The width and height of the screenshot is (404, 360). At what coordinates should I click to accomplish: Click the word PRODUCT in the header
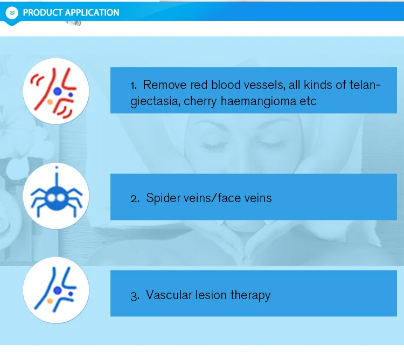point(43,12)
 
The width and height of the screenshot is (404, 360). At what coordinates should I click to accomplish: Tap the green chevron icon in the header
point(12,12)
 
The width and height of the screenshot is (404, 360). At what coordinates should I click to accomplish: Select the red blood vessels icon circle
point(56,91)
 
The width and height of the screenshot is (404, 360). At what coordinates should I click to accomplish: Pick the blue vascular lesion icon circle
point(56,290)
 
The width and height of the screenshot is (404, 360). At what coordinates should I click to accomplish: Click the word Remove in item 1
point(165,85)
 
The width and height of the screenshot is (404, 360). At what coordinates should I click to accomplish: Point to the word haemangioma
point(259,101)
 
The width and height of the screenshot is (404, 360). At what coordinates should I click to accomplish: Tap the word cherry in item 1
point(200,101)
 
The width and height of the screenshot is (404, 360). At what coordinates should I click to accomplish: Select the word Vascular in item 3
point(169,295)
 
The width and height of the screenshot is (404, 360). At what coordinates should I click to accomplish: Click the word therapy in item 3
point(250,295)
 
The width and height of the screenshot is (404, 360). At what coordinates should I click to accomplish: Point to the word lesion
point(211,295)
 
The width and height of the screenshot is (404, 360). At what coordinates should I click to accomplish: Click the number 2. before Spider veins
point(135,198)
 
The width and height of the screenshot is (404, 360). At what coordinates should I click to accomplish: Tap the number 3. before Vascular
point(135,296)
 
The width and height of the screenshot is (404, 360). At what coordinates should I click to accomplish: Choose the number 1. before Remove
point(134,85)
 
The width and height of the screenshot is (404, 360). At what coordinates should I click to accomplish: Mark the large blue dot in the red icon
point(58,91)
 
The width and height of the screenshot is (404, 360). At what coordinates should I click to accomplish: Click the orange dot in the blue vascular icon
point(50,301)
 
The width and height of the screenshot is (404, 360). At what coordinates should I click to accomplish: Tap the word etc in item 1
point(308,101)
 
